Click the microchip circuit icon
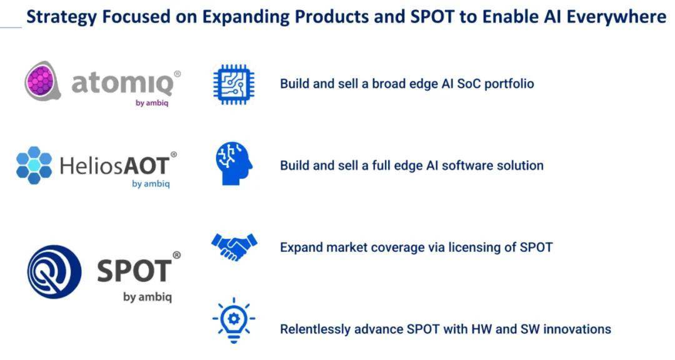pyautogui.click(x=234, y=84)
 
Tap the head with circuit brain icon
pyautogui.click(x=234, y=164)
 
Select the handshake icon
pyautogui.click(x=234, y=247)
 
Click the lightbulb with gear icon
pyautogui.click(x=234, y=321)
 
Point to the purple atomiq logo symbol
pyautogui.click(x=42, y=81)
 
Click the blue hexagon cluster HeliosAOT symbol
pyautogui.click(x=34, y=166)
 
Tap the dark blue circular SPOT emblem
pyautogui.click(x=54, y=272)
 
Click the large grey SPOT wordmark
pyautogui.click(x=134, y=271)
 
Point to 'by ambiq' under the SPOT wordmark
pyautogui.click(x=147, y=297)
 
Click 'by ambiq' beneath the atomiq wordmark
pyautogui.click(x=152, y=103)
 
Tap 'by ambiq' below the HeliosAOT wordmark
pyautogui.click(x=151, y=184)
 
